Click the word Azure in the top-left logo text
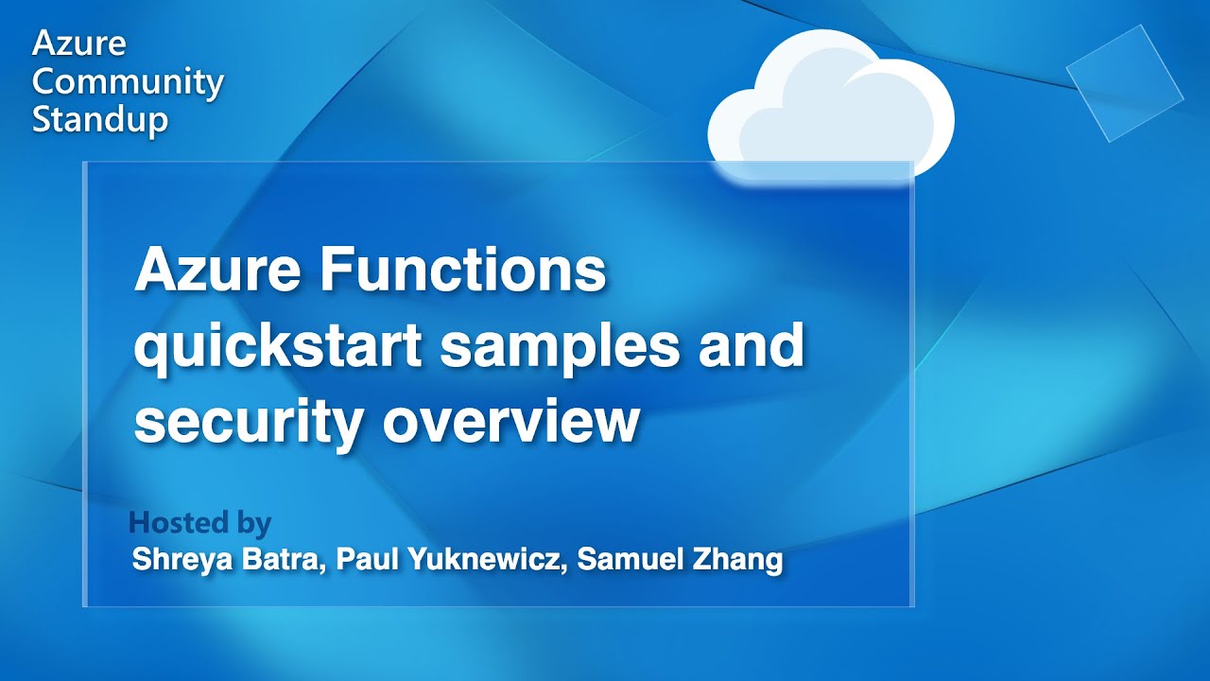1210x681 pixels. point(78,44)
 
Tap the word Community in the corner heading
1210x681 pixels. point(128,82)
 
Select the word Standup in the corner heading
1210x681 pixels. point(100,120)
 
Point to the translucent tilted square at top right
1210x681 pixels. point(1124,83)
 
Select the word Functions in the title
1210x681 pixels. point(462,271)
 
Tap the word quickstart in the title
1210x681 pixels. point(277,347)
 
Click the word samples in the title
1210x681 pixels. point(560,347)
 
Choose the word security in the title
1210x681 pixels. point(248,421)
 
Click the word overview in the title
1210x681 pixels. point(510,421)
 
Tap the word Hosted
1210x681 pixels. point(179,522)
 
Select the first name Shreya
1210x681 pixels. point(174,559)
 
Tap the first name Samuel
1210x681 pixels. point(625,559)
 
